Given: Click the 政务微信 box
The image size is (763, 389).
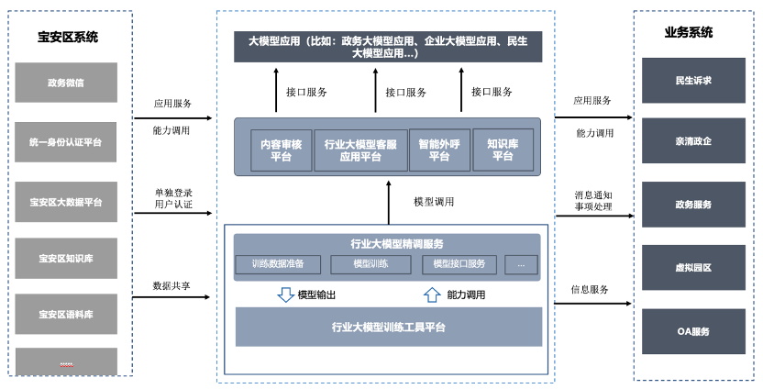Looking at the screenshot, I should pos(66,83).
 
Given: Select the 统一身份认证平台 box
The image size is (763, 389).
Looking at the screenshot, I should pos(66,142).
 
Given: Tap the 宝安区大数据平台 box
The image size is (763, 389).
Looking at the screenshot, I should pos(66,202).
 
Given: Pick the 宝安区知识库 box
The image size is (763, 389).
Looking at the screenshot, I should pos(66,258).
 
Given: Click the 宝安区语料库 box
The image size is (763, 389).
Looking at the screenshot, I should pos(66,314).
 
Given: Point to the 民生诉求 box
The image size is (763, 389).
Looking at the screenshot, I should pos(692,80).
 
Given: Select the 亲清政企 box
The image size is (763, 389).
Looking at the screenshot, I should pos(692,141).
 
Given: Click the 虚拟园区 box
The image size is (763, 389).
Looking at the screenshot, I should pos(692,267).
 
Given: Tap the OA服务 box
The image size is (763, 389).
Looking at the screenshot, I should pos(692,331).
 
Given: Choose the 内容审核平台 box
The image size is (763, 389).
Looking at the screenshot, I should pos(282,150).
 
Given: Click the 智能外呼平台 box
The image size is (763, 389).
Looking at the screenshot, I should pos(439,150).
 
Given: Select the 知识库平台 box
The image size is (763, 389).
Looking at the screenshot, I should pos(502,149).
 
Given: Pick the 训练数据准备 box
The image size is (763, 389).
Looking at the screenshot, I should pos(284,264).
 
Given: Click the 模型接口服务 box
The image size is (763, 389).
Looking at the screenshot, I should pos(459,264).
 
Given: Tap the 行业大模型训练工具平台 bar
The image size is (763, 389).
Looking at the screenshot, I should pos(389,327).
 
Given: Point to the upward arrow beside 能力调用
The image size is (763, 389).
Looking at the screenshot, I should pos(431,295).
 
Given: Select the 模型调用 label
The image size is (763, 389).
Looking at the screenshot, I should pos(433,202).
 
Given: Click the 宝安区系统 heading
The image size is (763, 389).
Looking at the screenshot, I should pos(68,37).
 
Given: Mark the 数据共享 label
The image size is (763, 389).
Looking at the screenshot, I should pos(171,286).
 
